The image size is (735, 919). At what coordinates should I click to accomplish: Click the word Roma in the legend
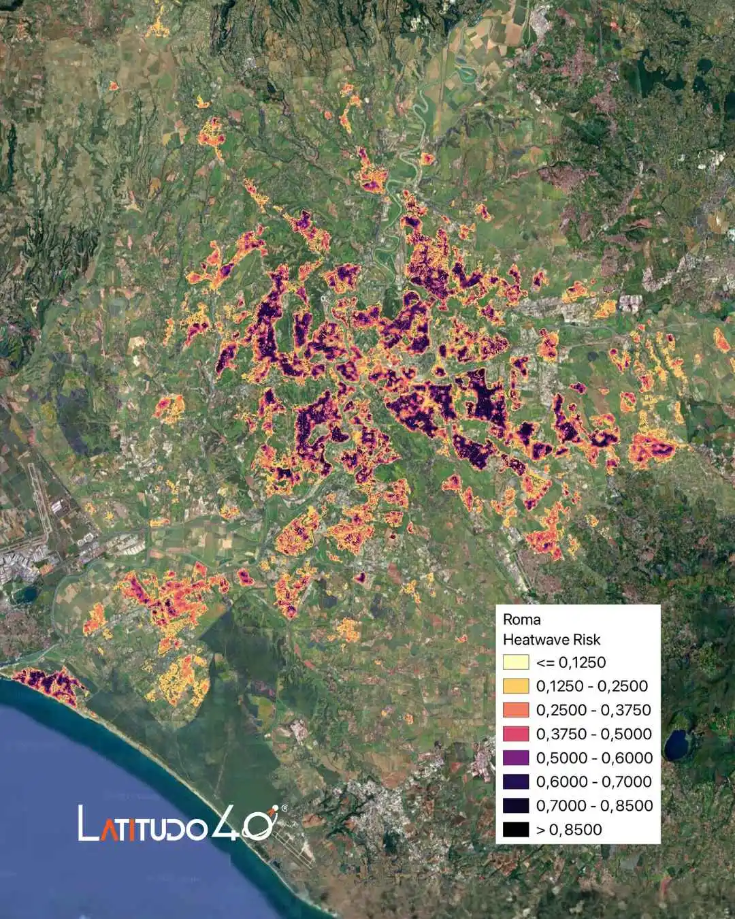click(x=522, y=619)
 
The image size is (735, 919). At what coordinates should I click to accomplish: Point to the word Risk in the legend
click(x=587, y=640)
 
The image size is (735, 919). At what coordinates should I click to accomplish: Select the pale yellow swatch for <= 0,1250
click(x=516, y=662)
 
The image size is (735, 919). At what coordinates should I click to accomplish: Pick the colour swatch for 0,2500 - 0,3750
click(x=516, y=710)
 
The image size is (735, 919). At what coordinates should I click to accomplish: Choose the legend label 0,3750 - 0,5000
click(x=593, y=734)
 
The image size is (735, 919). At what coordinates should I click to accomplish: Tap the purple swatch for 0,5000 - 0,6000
click(x=516, y=758)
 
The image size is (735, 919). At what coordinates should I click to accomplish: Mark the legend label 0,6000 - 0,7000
click(x=594, y=781)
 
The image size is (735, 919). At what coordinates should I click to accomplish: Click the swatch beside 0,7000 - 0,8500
click(x=516, y=805)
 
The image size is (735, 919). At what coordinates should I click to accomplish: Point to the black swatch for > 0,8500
click(x=516, y=829)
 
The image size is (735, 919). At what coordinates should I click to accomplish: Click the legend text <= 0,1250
click(x=571, y=662)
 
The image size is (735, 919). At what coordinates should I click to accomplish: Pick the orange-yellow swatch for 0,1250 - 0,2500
click(x=516, y=686)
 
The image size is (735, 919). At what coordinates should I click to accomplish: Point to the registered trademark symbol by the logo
click(x=284, y=808)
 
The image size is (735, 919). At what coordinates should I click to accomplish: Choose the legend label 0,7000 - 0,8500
click(x=594, y=805)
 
